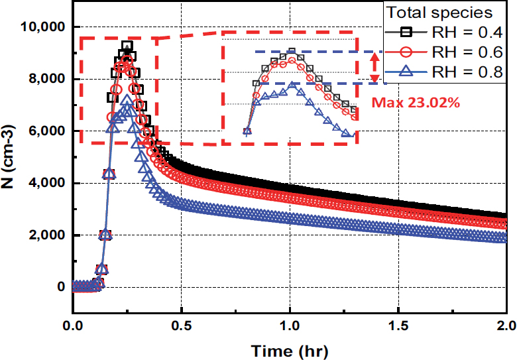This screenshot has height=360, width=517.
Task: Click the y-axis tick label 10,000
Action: tap(41, 27)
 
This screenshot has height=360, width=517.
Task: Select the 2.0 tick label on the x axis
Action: tap(504, 326)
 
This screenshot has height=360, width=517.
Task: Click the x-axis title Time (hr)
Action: tap(289, 349)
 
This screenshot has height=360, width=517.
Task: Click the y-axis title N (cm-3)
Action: tap(12, 157)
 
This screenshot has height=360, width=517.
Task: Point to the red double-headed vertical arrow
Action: tap(374, 67)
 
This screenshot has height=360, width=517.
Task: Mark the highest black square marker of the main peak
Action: tap(127, 47)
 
